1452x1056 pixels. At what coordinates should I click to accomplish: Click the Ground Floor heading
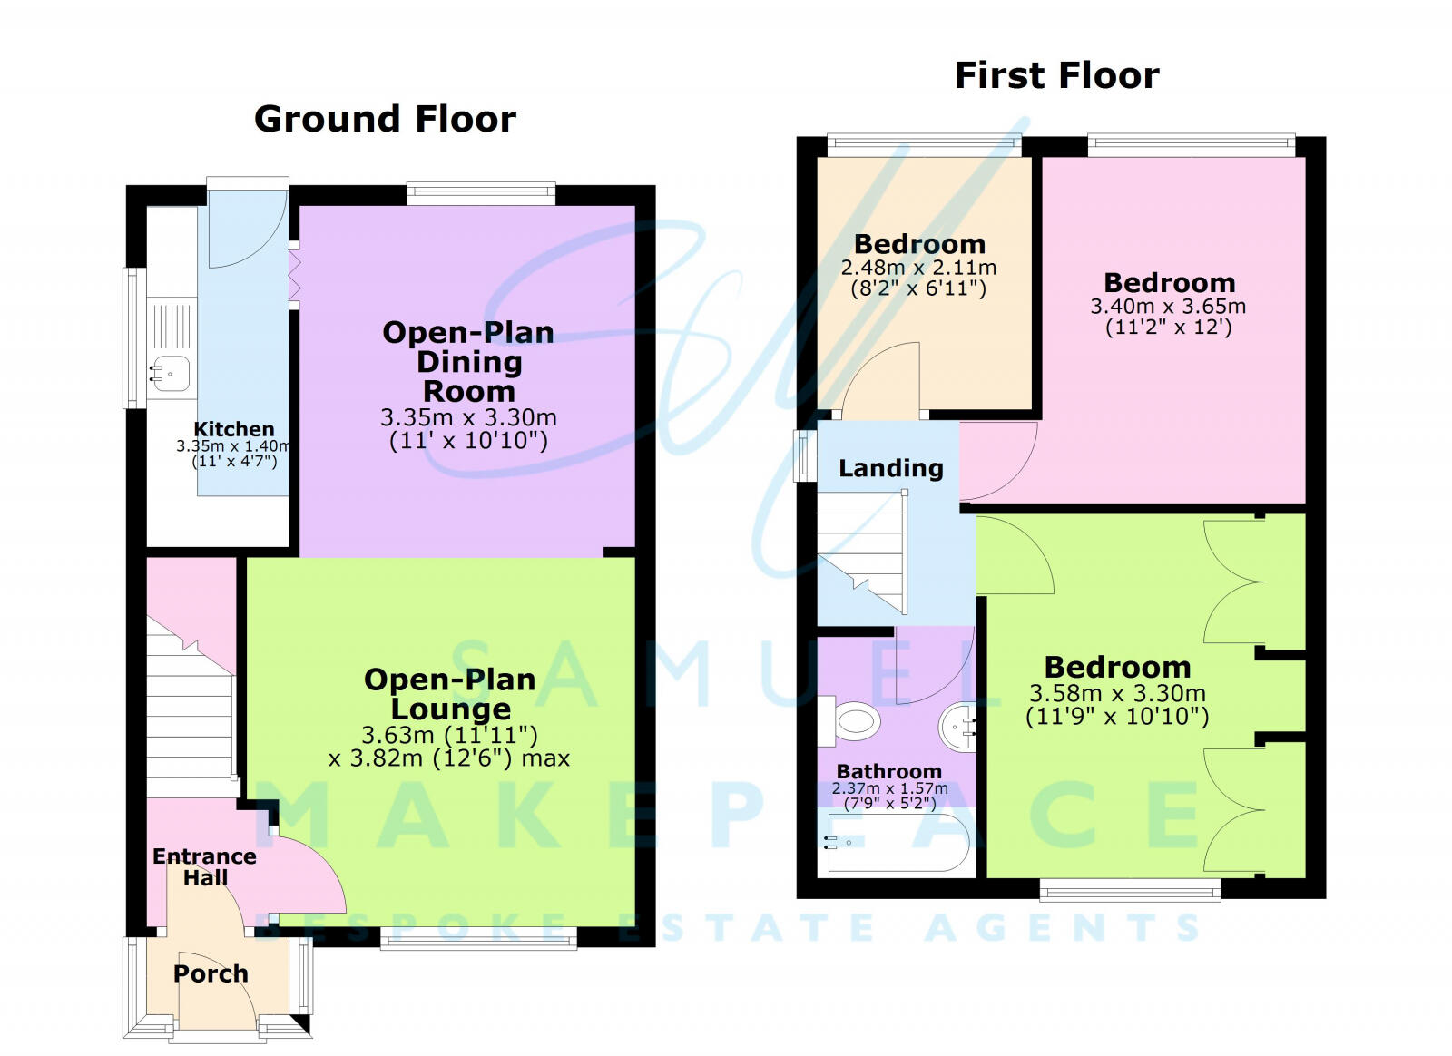(x=385, y=119)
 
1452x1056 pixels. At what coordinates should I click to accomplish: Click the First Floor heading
(x=1056, y=75)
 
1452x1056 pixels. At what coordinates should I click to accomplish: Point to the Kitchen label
(x=233, y=429)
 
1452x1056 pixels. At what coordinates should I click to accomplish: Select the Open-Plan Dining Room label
(x=468, y=361)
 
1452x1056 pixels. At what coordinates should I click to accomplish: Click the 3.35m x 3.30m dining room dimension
(x=468, y=418)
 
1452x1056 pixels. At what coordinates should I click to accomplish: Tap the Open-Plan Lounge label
(x=450, y=694)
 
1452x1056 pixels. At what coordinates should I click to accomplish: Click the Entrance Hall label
(x=204, y=866)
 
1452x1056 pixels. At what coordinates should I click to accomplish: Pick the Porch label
(x=211, y=973)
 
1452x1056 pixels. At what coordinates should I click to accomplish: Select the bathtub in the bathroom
(x=895, y=844)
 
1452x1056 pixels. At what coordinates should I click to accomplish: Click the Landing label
(x=890, y=468)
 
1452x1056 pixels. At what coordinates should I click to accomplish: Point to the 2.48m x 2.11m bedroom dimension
(x=918, y=268)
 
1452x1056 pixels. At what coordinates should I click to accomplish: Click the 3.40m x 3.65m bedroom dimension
(x=1168, y=307)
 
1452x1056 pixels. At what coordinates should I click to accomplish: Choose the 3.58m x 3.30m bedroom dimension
(x=1117, y=694)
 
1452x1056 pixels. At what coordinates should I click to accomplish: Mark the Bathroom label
(x=888, y=772)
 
